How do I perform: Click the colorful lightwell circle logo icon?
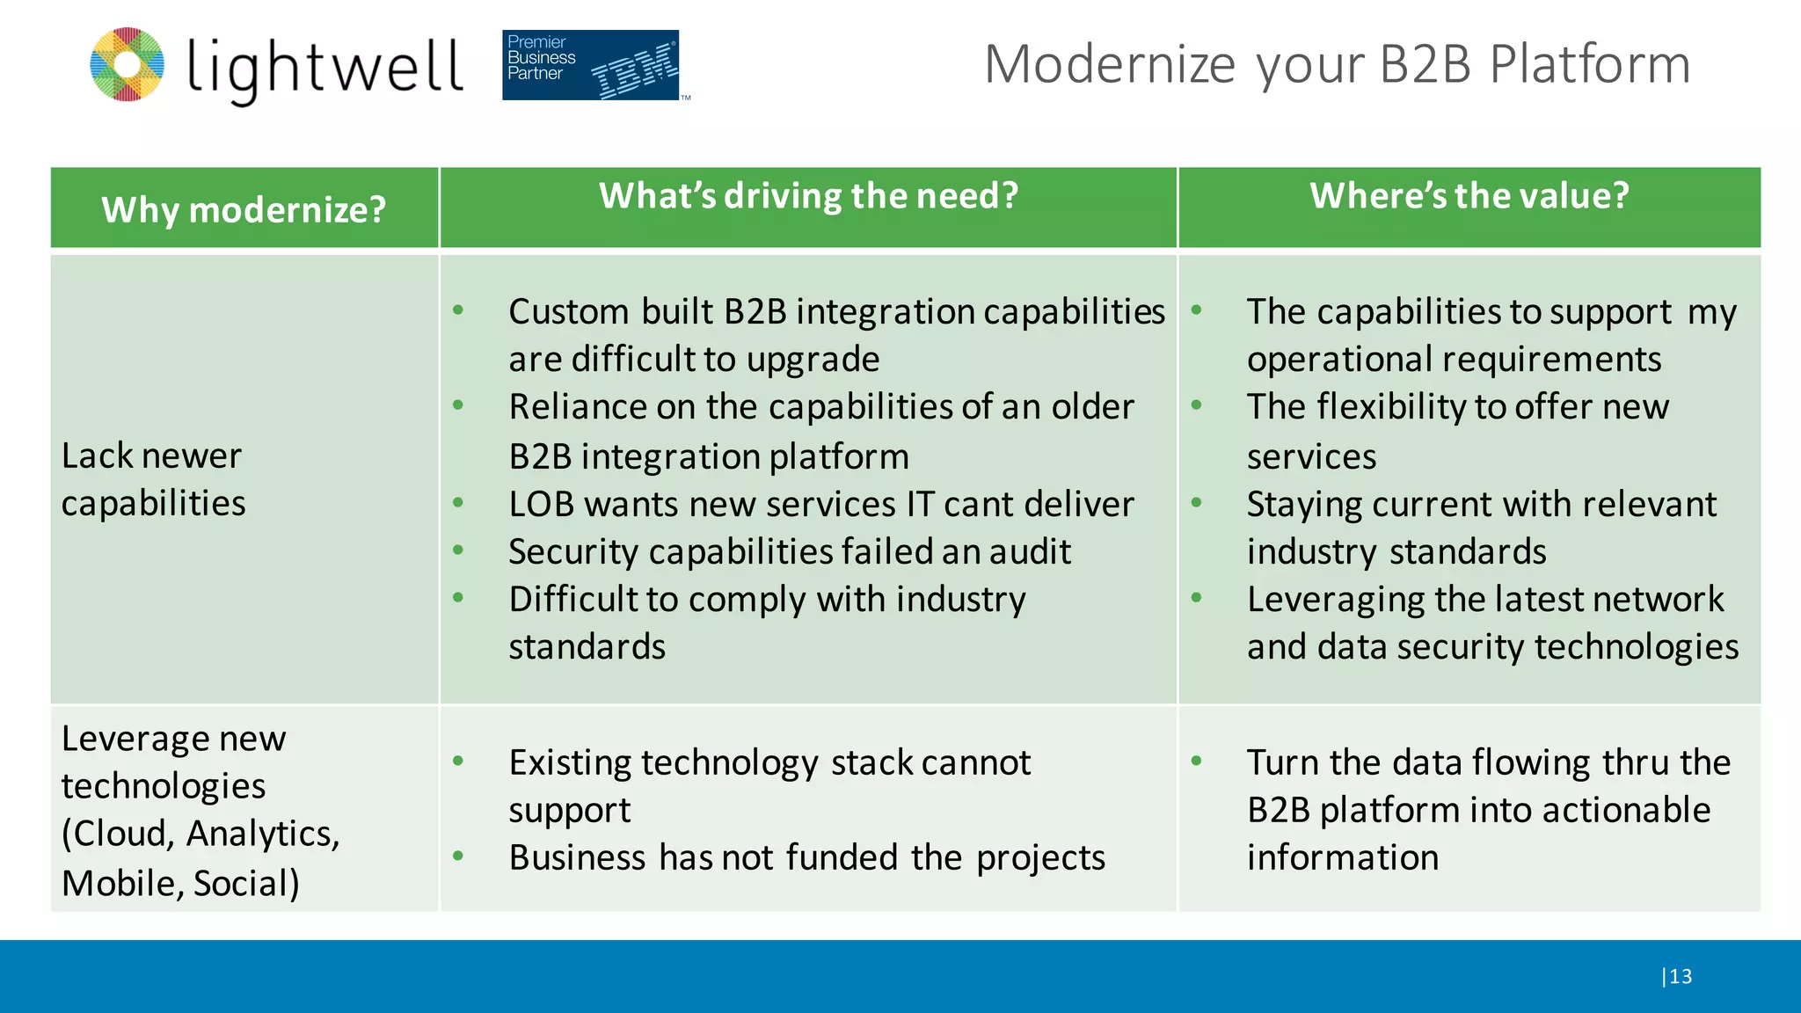[128, 64]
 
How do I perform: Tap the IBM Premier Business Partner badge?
[591, 65]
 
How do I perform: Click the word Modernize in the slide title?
[1110, 64]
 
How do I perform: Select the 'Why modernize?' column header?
[244, 209]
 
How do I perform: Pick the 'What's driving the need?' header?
[808, 195]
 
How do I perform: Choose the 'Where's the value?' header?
[1469, 195]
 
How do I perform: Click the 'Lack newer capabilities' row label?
[153, 479]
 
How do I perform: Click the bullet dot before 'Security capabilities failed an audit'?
[458, 550]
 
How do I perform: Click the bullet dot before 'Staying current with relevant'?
[1196, 503]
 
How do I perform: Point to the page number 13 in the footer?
[1681, 976]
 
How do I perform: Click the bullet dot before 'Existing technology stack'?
[458, 761]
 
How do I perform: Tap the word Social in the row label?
[245, 883]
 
